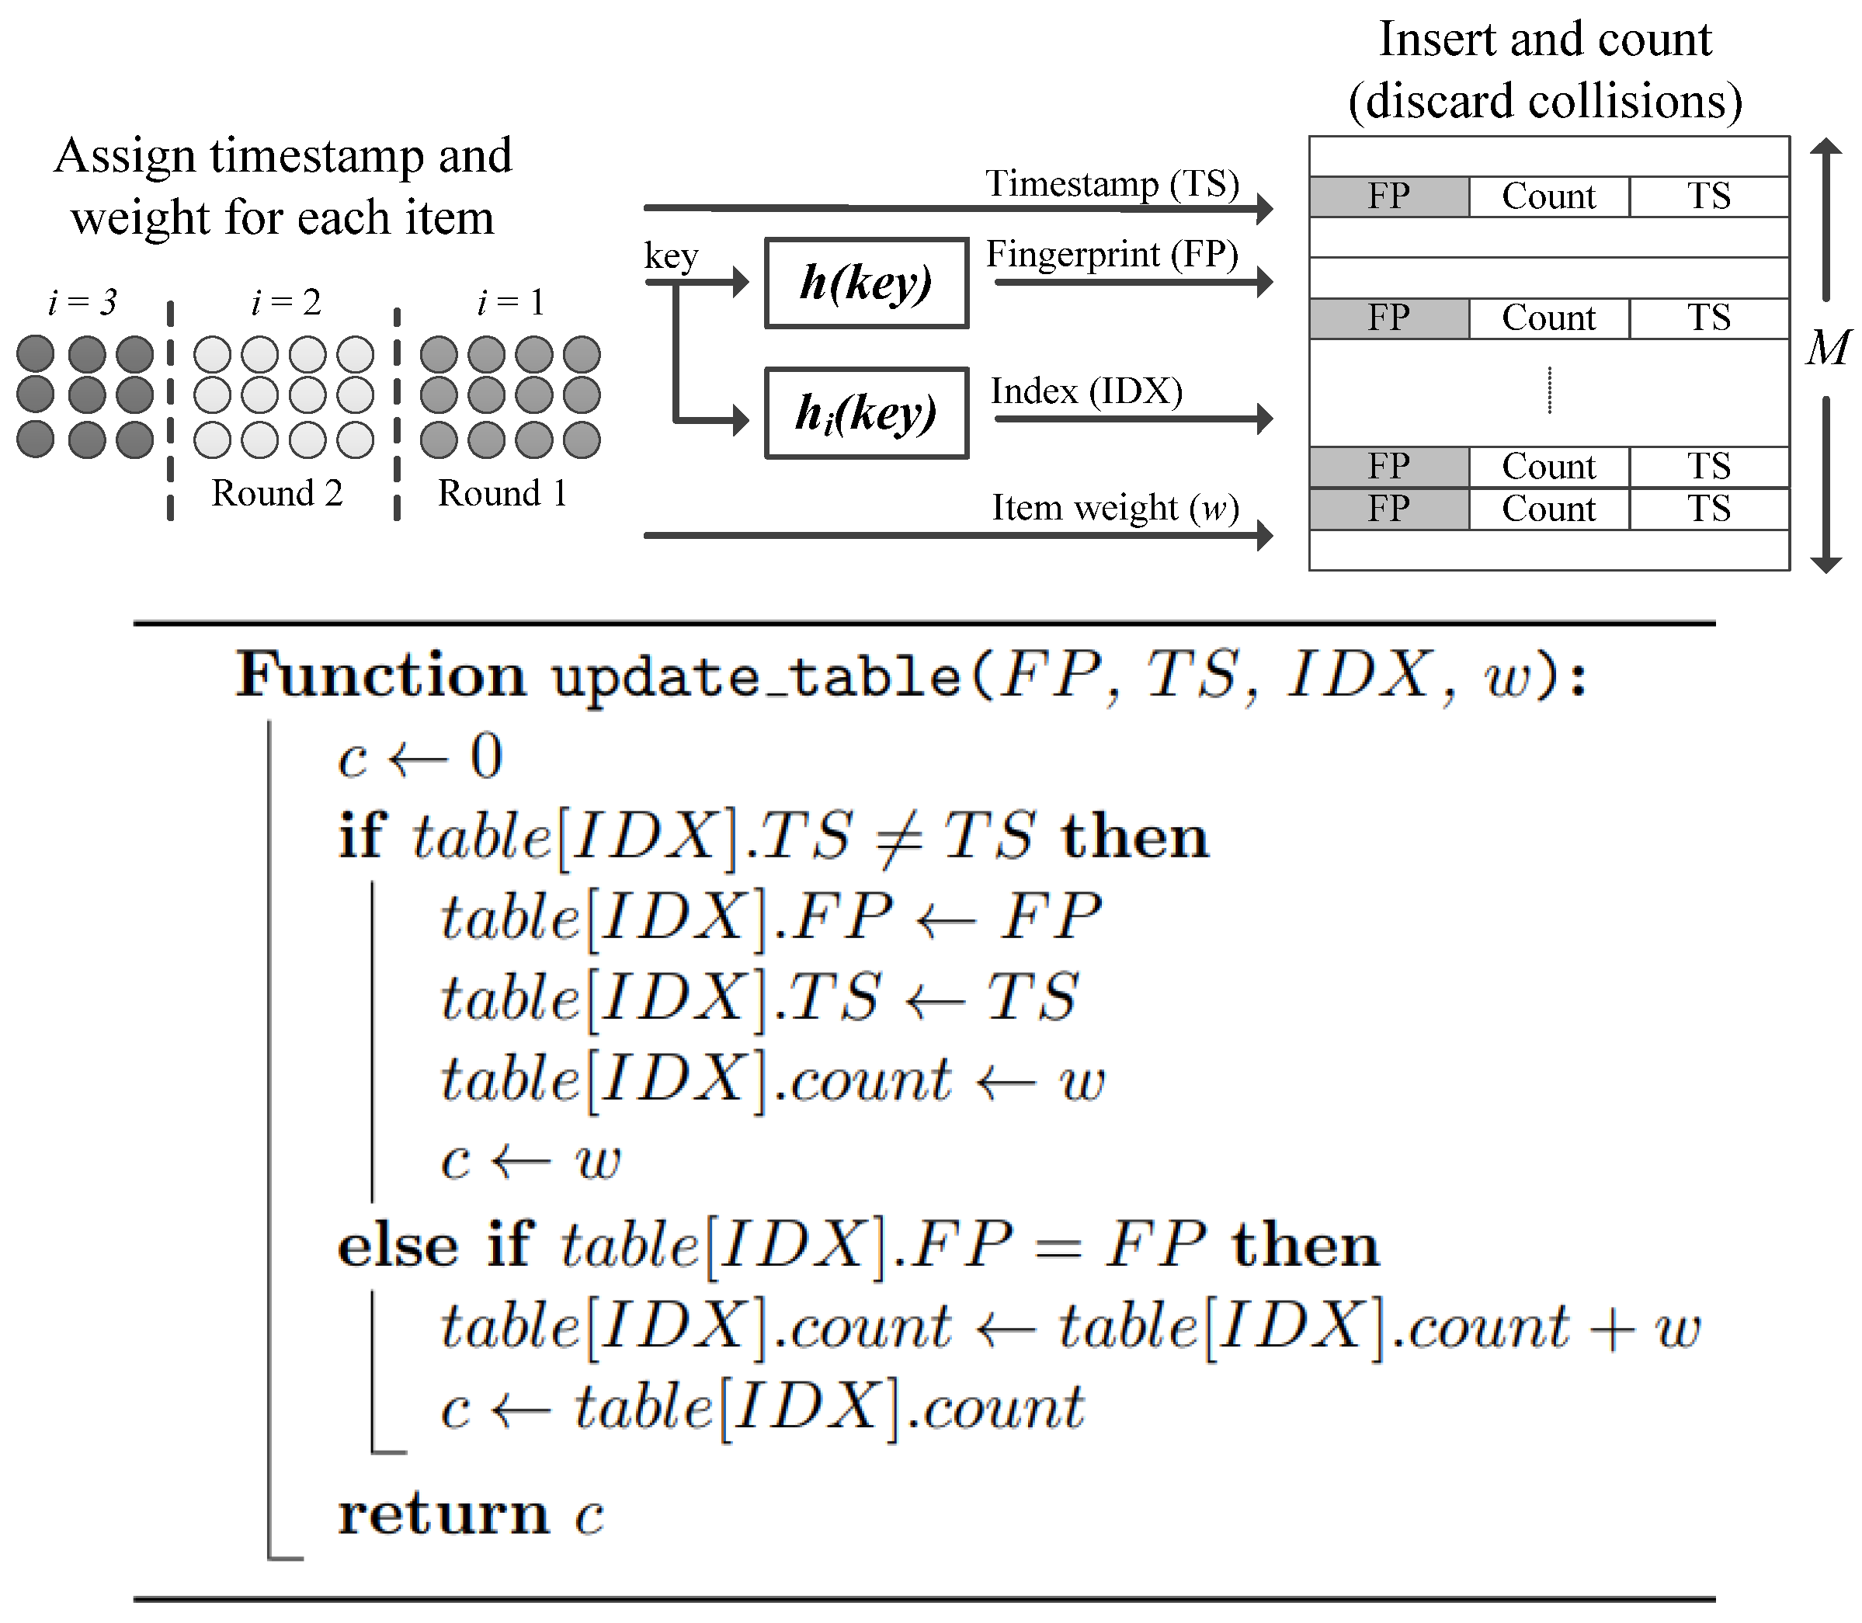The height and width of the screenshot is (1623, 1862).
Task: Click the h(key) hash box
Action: pyautogui.click(x=866, y=283)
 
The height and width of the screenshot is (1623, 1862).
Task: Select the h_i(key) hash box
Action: pyautogui.click(x=866, y=413)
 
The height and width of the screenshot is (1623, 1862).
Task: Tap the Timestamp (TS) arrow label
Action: pyautogui.click(x=1112, y=184)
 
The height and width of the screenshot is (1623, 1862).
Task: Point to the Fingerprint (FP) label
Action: pyautogui.click(x=1112, y=255)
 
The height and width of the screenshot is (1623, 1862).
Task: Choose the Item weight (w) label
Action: pyautogui.click(x=1115, y=507)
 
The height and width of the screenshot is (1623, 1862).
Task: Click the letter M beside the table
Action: pyautogui.click(x=1828, y=348)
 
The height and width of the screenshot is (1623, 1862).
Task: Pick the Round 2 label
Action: pyautogui.click(x=277, y=494)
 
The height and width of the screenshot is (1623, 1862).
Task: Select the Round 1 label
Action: pyautogui.click(x=502, y=494)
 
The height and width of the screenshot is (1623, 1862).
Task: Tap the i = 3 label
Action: pyautogui.click(x=82, y=303)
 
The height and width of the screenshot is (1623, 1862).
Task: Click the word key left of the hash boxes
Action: pyautogui.click(x=671, y=255)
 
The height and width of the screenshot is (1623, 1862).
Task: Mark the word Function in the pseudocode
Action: pyautogui.click(x=380, y=675)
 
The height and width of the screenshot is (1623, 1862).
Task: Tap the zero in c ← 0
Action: pyautogui.click(x=486, y=756)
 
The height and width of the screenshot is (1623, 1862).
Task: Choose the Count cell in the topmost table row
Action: pyautogui.click(x=1548, y=196)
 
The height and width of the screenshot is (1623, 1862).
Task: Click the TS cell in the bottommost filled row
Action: pyautogui.click(x=1708, y=509)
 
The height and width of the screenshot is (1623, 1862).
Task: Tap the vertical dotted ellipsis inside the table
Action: pyautogui.click(x=1550, y=391)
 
